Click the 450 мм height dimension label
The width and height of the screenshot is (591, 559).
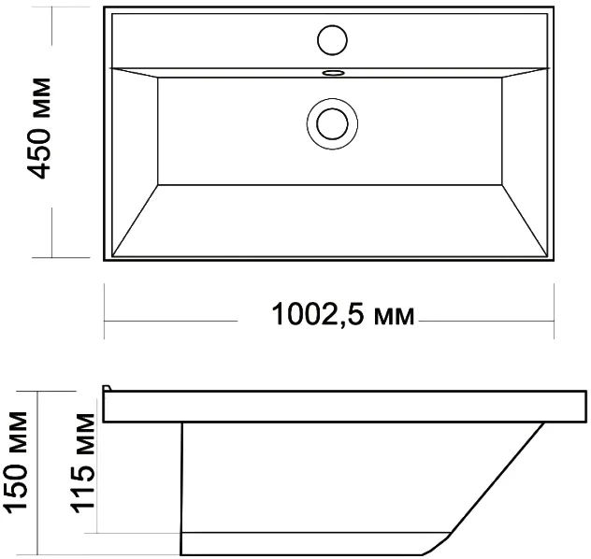[38, 128]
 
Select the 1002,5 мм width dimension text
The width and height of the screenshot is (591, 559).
[343, 314]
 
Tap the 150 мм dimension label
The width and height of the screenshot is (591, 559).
[16, 462]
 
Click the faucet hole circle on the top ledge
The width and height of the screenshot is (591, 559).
[332, 40]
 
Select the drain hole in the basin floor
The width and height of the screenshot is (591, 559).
[332, 124]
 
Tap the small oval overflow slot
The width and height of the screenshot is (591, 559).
[333, 72]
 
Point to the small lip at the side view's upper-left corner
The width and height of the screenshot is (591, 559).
[108, 388]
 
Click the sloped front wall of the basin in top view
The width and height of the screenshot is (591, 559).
[330, 221]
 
